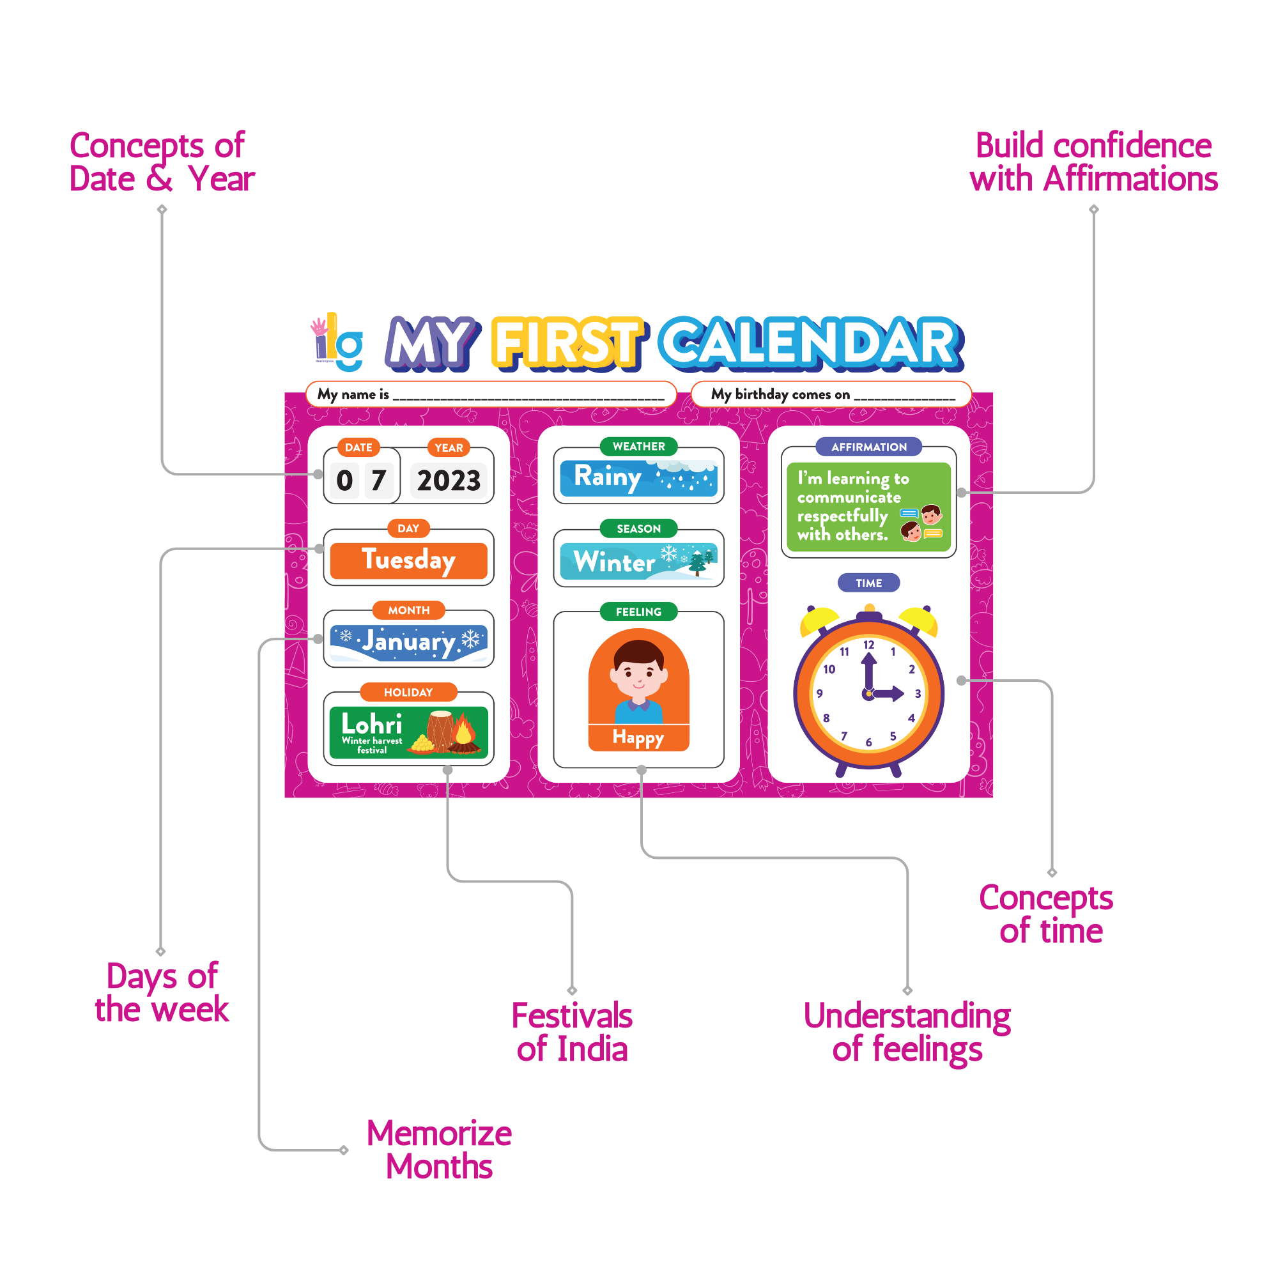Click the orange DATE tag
point(358,447)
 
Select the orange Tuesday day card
point(408,560)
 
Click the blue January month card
point(408,642)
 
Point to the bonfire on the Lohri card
point(464,734)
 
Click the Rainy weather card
point(638,477)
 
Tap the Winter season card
point(638,562)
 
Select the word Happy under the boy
point(638,737)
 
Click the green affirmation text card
point(868,507)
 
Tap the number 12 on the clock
point(868,645)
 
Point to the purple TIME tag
point(868,583)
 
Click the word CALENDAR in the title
point(810,343)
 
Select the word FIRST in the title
point(567,343)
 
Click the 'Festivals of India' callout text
point(571,1032)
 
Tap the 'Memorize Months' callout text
point(439,1150)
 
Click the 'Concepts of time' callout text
point(1047,914)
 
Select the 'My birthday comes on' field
point(831,395)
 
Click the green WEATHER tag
point(638,447)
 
